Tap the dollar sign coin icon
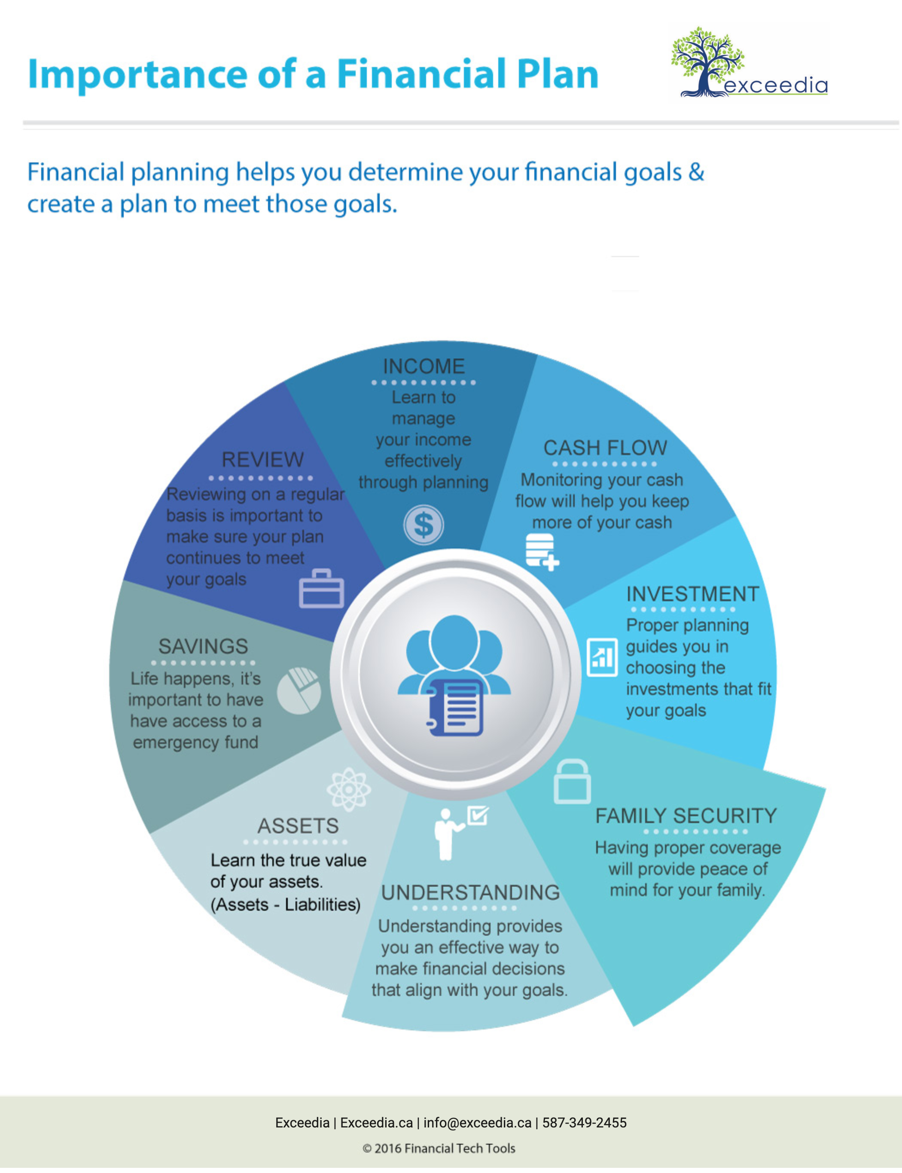pyautogui.click(x=424, y=525)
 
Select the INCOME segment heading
pyautogui.click(x=424, y=366)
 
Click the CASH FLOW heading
pyautogui.click(x=605, y=448)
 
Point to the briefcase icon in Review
pyautogui.click(x=322, y=589)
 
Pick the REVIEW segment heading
pyautogui.click(x=262, y=460)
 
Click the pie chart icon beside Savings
pyautogui.click(x=299, y=691)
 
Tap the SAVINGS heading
pyautogui.click(x=203, y=646)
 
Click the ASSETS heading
pyautogui.click(x=298, y=825)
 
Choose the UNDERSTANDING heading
pyautogui.click(x=470, y=892)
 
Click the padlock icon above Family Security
pyautogui.click(x=572, y=782)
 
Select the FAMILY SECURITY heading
pyautogui.click(x=686, y=816)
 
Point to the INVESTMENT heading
pyautogui.click(x=692, y=594)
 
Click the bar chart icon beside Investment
pyautogui.click(x=602, y=657)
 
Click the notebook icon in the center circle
pyautogui.click(x=455, y=707)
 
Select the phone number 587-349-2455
pyautogui.click(x=584, y=1122)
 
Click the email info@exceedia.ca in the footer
pyautogui.click(x=477, y=1122)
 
